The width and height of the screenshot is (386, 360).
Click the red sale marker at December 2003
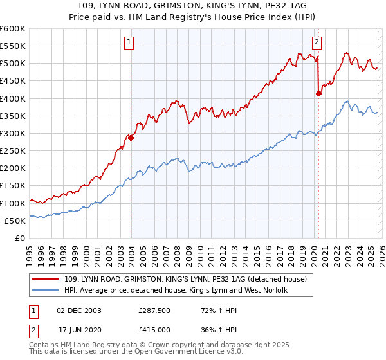(x=131, y=137)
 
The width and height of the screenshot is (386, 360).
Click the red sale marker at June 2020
(x=318, y=93)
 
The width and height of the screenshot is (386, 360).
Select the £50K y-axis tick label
(x=15, y=221)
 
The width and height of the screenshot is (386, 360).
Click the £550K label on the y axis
(x=13, y=46)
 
